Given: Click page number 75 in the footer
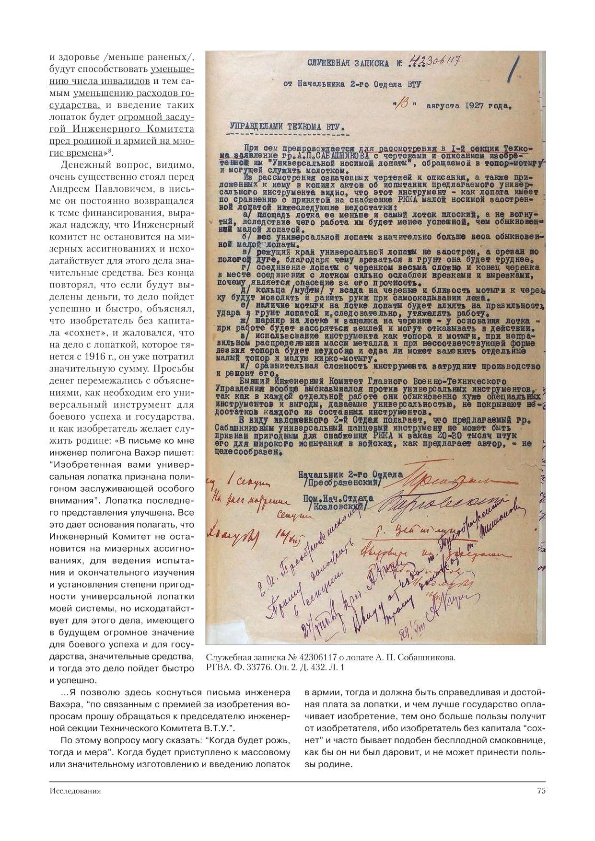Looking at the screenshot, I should [541, 791].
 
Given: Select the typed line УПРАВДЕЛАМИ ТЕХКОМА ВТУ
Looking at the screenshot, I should [287, 127].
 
